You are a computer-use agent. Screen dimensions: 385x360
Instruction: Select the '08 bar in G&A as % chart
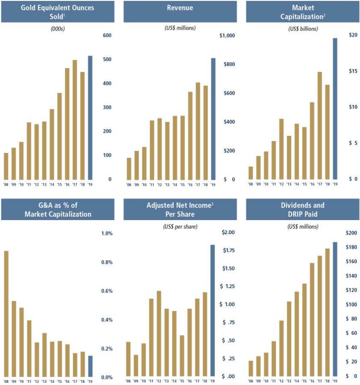(x=6, y=314)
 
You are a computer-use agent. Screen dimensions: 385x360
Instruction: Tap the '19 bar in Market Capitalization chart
(x=335, y=109)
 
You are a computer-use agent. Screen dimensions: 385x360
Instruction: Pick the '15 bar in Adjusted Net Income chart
(x=182, y=356)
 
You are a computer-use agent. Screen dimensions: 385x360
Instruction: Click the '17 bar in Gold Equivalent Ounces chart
(x=75, y=120)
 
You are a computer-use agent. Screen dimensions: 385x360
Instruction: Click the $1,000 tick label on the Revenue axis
(x=227, y=35)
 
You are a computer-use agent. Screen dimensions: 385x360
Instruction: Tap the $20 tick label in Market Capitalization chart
(x=353, y=35)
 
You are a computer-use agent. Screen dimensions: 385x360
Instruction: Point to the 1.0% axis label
(x=106, y=233)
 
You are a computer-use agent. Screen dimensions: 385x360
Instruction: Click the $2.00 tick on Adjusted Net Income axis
(x=229, y=232)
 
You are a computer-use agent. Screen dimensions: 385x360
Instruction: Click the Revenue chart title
(x=181, y=8)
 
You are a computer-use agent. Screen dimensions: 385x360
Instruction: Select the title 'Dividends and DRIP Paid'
(x=302, y=209)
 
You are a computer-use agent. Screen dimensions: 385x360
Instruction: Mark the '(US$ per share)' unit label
(x=180, y=226)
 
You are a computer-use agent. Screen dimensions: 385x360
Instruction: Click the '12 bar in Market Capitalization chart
(x=281, y=149)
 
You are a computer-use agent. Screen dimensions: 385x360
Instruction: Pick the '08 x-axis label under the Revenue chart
(x=129, y=185)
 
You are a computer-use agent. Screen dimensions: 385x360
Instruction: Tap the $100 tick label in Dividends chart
(x=353, y=305)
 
